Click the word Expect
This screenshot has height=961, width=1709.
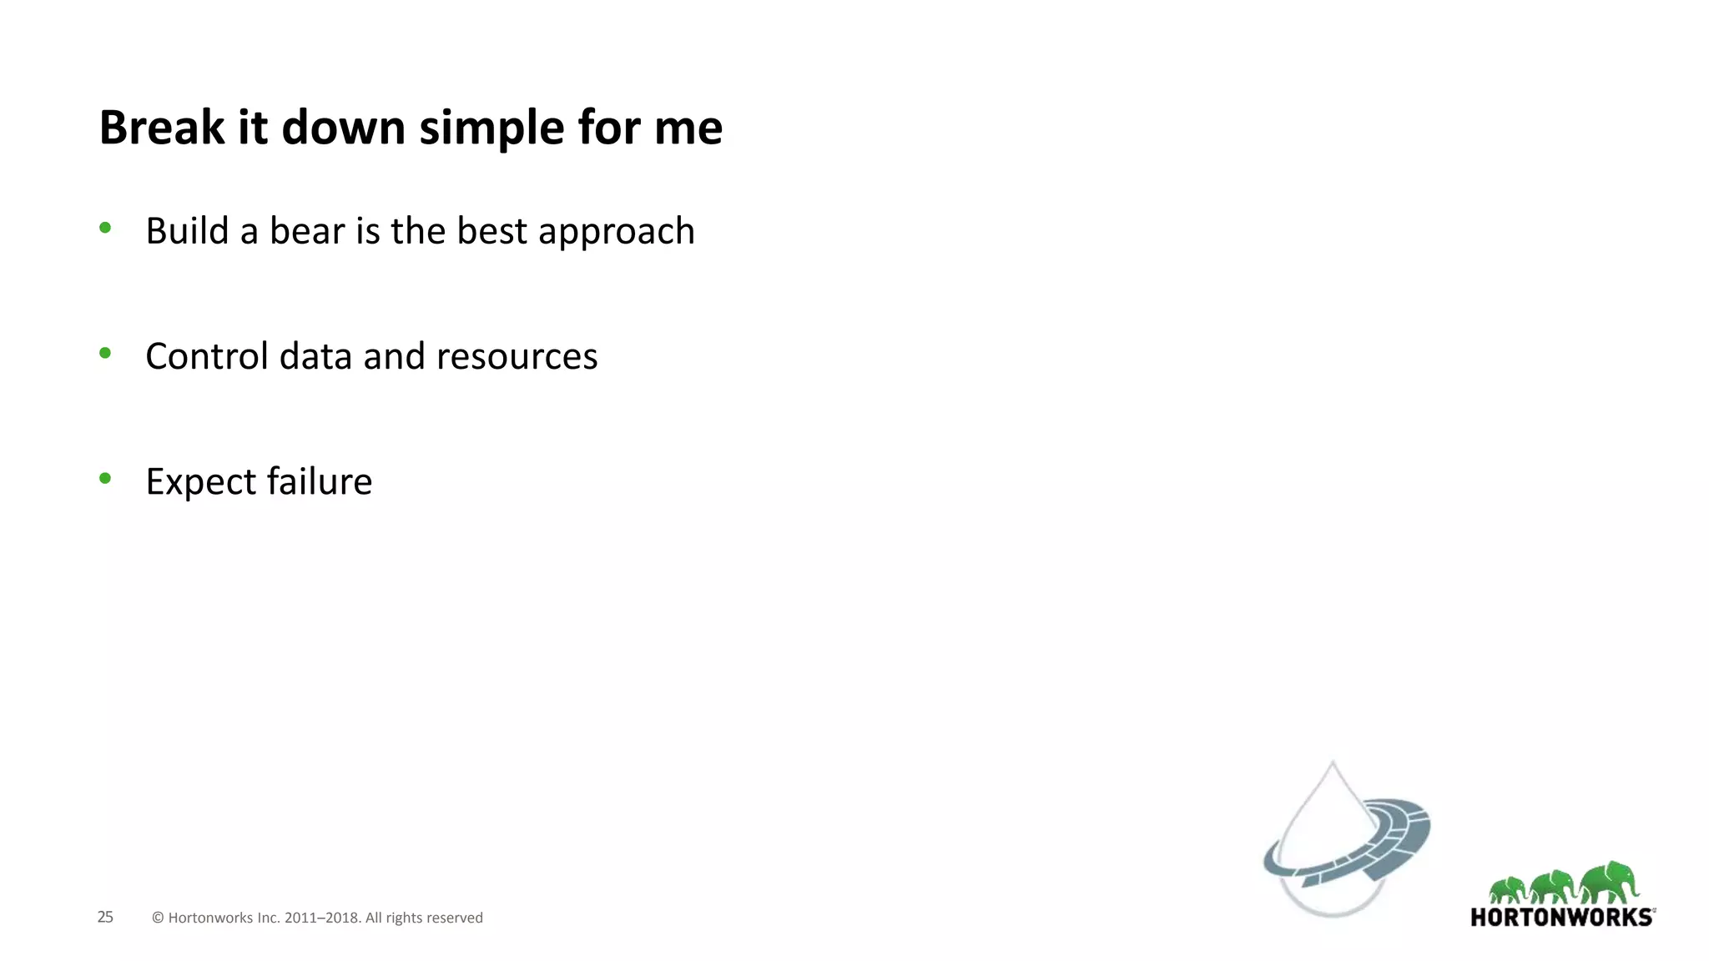pyautogui.click(x=200, y=482)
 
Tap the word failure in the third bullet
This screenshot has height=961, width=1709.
pyautogui.click(x=320, y=481)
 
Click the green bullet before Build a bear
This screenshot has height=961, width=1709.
pyautogui.click(x=105, y=227)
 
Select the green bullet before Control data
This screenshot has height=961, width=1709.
pyautogui.click(x=105, y=353)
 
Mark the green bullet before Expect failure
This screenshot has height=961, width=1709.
pyautogui.click(x=105, y=478)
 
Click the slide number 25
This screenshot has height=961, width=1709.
pyautogui.click(x=105, y=917)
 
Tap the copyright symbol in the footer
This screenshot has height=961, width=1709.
pyautogui.click(x=158, y=918)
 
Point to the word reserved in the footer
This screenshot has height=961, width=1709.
pyautogui.click(x=455, y=918)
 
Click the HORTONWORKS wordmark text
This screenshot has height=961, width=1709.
pyautogui.click(x=1561, y=918)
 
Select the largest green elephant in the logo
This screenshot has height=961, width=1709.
pyautogui.click(x=1611, y=882)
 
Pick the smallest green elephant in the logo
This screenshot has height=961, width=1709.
pyautogui.click(x=1508, y=890)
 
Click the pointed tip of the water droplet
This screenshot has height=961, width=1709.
pyautogui.click(x=1333, y=763)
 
